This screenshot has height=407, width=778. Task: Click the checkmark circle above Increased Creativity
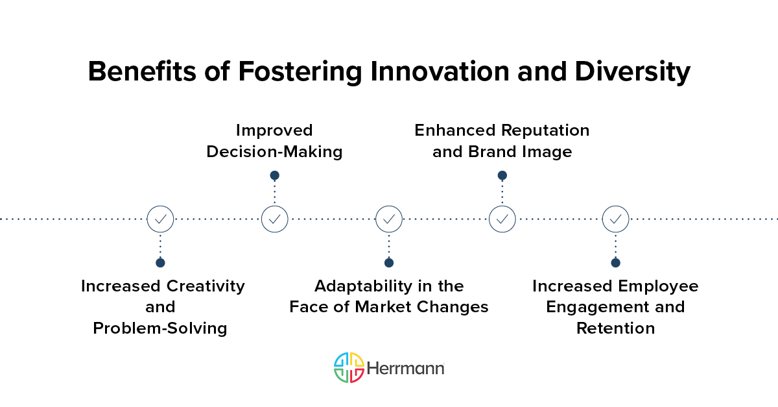coord(160,219)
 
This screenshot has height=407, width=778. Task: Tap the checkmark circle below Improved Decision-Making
coord(274,219)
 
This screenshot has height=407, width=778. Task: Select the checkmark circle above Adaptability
coord(389,219)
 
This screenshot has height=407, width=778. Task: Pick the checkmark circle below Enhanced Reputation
coord(502,219)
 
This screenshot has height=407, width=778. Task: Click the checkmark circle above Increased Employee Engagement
coord(615,219)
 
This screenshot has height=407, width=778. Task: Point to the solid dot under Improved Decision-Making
coord(274,175)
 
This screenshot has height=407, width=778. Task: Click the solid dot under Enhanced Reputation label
coord(502,175)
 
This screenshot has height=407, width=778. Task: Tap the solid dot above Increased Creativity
coord(160,263)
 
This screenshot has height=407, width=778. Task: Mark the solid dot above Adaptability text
coord(389,263)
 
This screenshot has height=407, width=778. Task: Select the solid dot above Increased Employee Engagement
coord(615,263)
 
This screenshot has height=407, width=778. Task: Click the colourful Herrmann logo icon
coord(348,368)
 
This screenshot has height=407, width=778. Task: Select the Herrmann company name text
coord(406,369)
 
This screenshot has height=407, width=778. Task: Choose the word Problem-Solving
coord(160,328)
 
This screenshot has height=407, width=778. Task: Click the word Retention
coord(615,328)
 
